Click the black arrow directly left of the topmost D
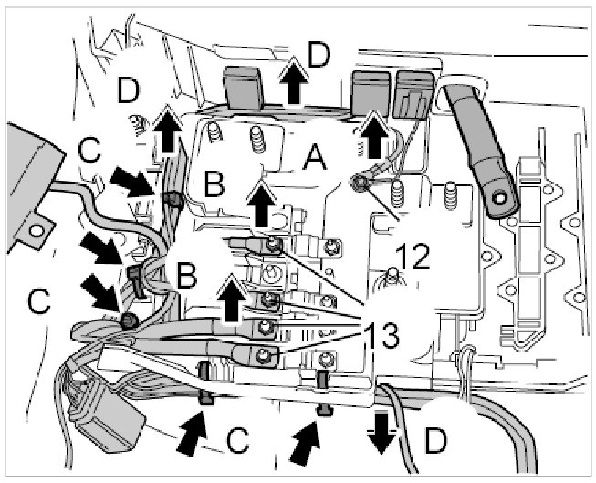click(293, 83)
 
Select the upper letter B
click(214, 184)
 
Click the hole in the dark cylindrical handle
click(498, 194)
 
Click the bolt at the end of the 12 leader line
click(360, 185)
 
